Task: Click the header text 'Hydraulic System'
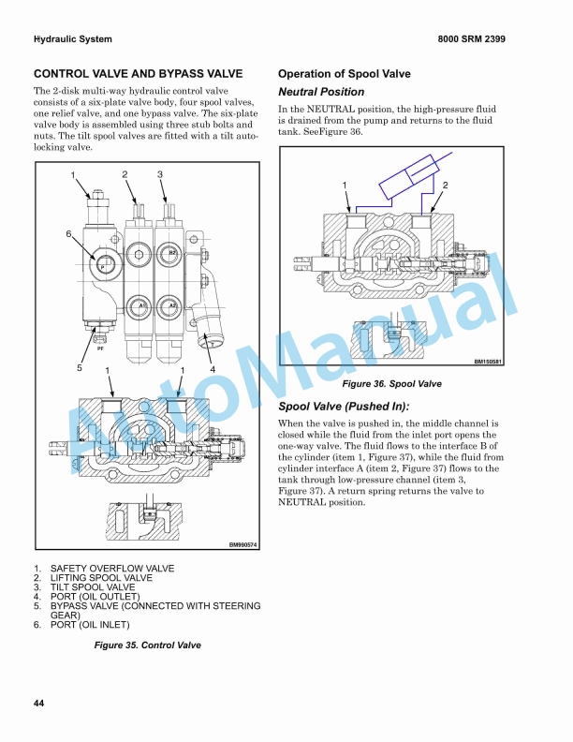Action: coord(72,39)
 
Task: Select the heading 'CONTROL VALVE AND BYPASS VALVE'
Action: coord(138,74)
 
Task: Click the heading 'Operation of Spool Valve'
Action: coord(344,74)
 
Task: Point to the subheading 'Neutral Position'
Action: coord(321,92)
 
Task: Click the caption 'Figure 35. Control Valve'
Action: coord(147,646)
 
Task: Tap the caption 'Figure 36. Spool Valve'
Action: coord(391,384)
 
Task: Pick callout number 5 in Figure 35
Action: coord(80,368)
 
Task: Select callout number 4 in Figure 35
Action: coord(213,368)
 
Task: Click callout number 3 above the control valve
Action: coord(160,174)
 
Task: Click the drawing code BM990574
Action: coord(243,544)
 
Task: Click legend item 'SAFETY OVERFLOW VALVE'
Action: coord(111,569)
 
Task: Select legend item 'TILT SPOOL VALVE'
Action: coord(93,587)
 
